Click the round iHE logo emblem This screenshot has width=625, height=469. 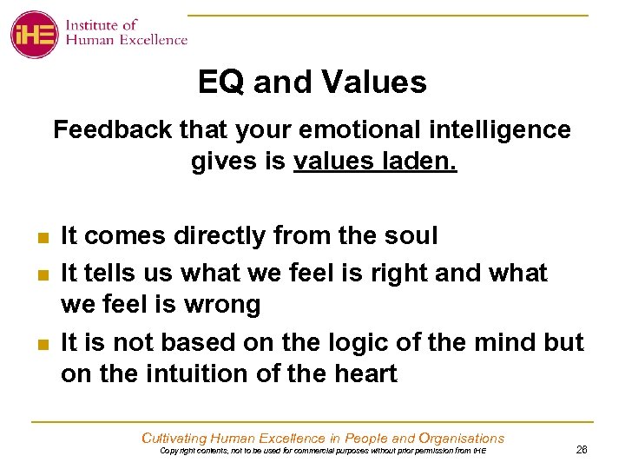(34, 34)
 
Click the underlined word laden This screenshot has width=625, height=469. (423, 162)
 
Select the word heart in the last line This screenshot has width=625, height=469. (360, 374)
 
